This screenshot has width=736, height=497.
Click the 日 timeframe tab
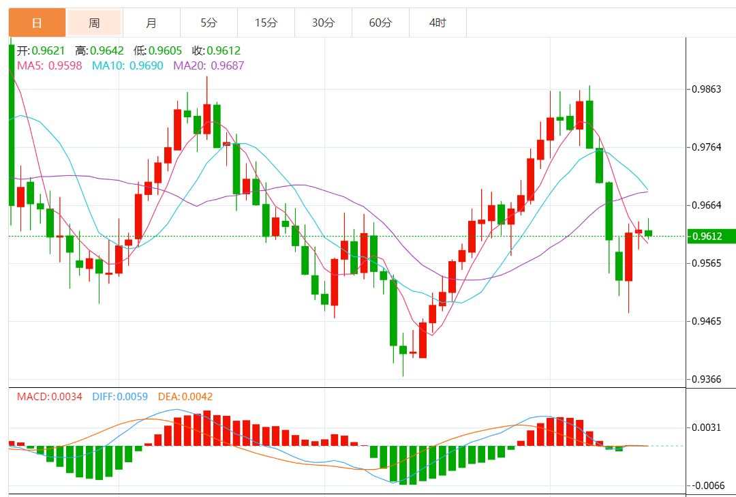(x=37, y=23)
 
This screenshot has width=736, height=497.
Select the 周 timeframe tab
(x=94, y=23)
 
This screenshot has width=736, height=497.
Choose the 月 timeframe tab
(x=151, y=23)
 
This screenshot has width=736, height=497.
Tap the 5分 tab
(x=209, y=23)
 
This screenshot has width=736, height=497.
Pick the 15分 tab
(x=266, y=23)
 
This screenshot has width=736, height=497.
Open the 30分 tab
(x=323, y=23)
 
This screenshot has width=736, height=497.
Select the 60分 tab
(x=380, y=23)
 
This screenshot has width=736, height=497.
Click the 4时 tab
(x=438, y=23)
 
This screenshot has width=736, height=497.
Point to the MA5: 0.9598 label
(x=49, y=65)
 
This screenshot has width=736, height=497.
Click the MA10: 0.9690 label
(x=127, y=65)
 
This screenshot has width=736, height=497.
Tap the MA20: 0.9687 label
(x=209, y=65)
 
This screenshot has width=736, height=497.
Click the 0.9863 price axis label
(x=707, y=89)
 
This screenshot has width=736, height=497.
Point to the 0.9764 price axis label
(x=707, y=147)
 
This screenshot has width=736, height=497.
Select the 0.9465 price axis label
(x=707, y=321)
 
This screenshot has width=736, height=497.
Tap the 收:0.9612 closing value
(x=216, y=51)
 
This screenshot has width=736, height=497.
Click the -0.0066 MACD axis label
(x=707, y=486)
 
